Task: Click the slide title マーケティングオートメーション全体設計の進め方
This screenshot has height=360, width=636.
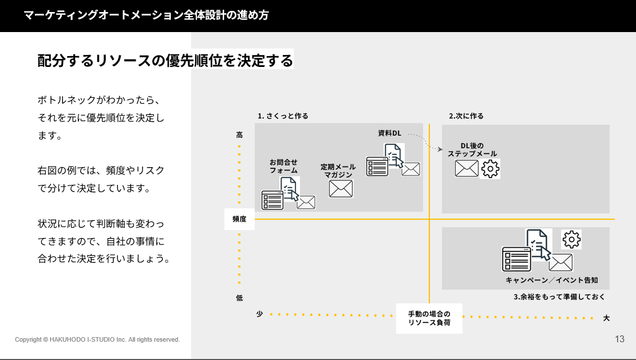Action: (x=146, y=15)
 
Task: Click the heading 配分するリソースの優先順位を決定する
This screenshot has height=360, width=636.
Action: (x=165, y=60)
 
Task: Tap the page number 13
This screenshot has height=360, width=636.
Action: (x=619, y=339)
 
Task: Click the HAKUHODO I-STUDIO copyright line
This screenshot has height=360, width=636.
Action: (x=97, y=339)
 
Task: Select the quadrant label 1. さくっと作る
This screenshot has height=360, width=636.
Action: (x=283, y=116)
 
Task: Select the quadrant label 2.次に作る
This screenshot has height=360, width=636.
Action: (x=466, y=116)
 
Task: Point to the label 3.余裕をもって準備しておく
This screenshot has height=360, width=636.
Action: (x=559, y=297)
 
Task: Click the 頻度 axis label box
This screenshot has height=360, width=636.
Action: (x=239, y=219)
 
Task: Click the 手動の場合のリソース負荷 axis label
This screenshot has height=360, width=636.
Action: (x=429, y=318)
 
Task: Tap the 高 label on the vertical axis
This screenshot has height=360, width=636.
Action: (x=239, y=135)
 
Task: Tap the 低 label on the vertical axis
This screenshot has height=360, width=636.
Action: (x=239, y=298)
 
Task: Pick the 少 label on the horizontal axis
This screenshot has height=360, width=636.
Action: (x=259, y=314)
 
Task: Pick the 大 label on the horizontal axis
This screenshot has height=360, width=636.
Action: (x=606, y=318)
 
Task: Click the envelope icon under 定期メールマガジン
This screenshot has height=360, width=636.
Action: (x=341, y=188)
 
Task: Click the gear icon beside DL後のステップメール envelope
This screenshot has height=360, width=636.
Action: (x=491, y=168)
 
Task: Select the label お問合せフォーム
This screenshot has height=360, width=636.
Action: (x=283, y=166)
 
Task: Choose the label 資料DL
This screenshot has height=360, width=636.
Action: (x=389, y=133)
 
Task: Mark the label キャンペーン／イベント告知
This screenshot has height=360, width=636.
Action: (x=551, y=280)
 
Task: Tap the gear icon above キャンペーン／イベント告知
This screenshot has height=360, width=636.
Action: (x=571, y=239)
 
